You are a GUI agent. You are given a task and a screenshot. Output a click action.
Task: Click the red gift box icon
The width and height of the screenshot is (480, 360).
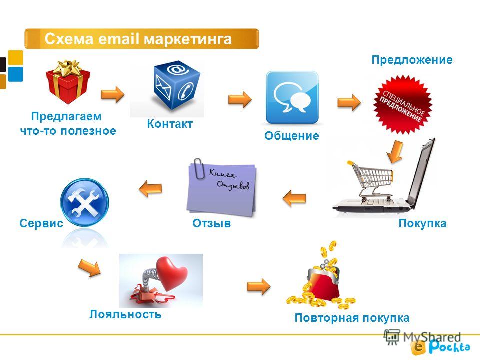(68, 82)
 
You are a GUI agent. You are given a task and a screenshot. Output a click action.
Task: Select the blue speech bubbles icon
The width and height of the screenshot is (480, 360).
(292, 97)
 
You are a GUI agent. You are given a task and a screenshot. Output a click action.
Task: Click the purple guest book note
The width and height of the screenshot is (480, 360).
(222, 187)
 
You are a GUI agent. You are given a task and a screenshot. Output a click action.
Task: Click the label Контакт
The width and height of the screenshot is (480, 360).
(170, 124)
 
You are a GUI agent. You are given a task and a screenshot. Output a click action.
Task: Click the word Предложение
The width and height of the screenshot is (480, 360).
(412, 60)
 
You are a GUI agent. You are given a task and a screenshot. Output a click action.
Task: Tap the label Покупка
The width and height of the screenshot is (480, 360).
(422, 224)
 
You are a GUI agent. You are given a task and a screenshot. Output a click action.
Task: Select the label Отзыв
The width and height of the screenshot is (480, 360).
(212, 224)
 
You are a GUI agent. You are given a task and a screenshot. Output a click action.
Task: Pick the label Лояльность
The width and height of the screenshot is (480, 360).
(125, 314)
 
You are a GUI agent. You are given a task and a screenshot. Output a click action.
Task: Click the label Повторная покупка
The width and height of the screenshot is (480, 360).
(352, 318)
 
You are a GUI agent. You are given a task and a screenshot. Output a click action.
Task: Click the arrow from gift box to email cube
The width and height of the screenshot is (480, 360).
(113, 94)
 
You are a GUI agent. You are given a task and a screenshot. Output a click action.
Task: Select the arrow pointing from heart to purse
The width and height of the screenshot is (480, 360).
(259, 286)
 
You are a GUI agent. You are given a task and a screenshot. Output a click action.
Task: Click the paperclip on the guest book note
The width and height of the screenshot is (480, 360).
(199, 167)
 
